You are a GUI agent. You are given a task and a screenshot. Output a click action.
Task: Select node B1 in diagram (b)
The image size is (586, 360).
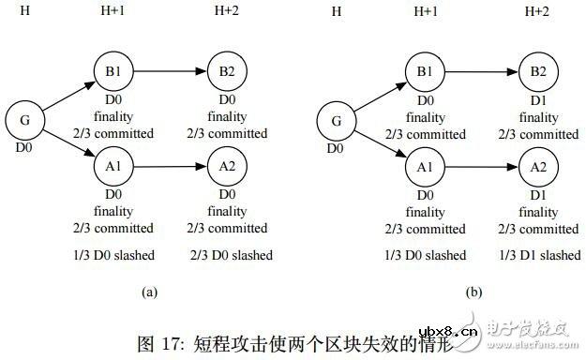[424, 73]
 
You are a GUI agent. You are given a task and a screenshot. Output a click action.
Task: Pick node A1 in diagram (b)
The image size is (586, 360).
[424, 167]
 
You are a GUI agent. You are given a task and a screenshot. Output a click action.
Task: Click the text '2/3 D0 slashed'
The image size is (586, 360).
[230, 255]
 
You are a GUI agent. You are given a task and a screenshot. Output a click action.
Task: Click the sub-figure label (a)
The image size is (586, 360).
[149, 292]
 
